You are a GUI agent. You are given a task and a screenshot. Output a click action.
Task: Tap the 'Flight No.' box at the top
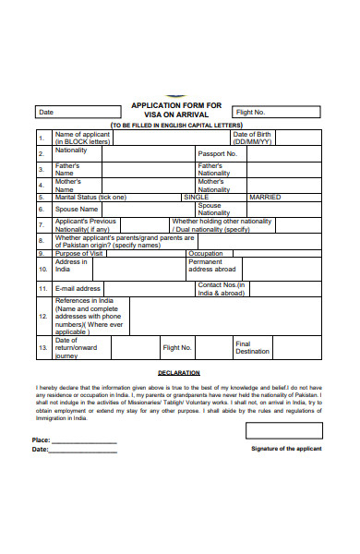(276, 112)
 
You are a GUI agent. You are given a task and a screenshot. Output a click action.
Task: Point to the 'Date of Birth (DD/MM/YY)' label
(252, 138)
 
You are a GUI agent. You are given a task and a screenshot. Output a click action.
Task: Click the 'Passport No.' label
(218, 153)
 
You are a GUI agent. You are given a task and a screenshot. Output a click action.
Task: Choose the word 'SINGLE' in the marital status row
(197, 197)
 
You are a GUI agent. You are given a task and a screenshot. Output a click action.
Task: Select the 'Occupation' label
(205, 252)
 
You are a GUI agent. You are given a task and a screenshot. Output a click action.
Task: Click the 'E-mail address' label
(78, 288)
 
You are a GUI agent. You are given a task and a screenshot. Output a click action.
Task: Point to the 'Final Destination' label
(252, 347)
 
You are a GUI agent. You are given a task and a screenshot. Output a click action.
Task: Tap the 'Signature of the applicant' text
(286, 448)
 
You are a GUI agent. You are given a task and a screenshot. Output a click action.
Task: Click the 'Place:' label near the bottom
(41, 440)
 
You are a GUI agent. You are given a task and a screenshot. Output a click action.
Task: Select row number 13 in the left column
(42, 347)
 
